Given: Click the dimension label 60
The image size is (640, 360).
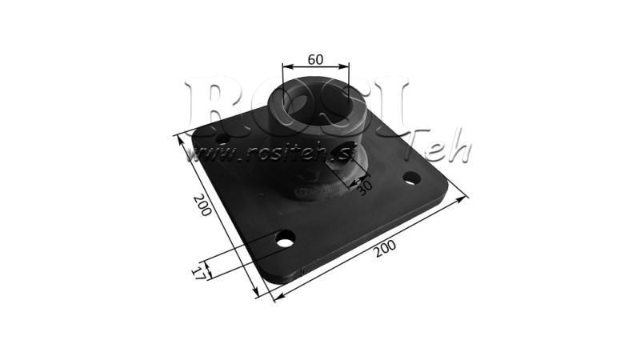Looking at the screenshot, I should click(315, 59).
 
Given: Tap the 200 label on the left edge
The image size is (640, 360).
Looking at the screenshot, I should click(201, 206).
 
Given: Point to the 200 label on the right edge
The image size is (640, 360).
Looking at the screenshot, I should click(386, 250).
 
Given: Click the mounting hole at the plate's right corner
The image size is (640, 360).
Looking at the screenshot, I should click(411, 177).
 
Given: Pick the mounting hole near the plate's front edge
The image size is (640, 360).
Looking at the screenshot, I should click(285, 238).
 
